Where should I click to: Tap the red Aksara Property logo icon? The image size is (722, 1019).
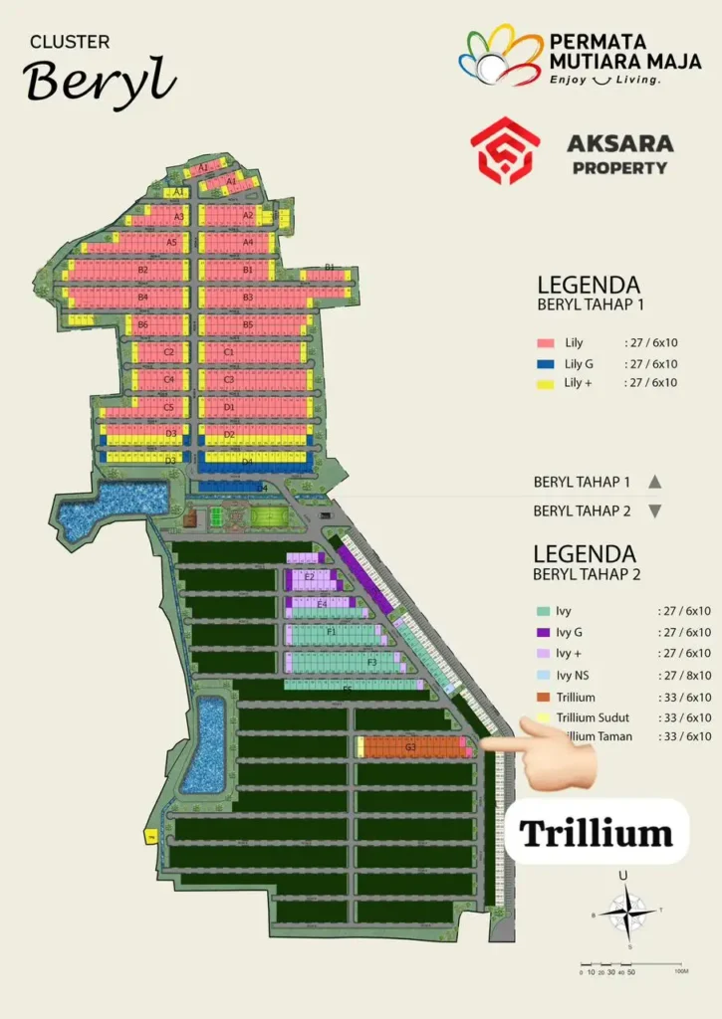point(505,151)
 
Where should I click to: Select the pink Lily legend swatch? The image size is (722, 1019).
point(545,343)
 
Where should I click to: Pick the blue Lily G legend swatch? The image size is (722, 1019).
point(545,363)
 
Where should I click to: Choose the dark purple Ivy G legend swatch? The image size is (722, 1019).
point(544,633)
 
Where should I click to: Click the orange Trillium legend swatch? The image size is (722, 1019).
point(544,698)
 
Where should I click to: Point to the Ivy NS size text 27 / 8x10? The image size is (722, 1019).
point(684,676)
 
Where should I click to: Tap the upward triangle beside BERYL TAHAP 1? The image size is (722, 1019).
point(654,482)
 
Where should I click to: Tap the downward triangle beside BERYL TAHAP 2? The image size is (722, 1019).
point(654,511)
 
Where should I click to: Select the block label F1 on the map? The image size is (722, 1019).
point(332,632)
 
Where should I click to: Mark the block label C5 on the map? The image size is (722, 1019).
point(169,408)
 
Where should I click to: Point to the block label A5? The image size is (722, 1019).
point(171,242)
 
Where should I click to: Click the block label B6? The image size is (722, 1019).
point(142,324)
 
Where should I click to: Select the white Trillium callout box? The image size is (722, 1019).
point(596,832)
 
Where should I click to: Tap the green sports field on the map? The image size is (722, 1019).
point(266,516)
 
